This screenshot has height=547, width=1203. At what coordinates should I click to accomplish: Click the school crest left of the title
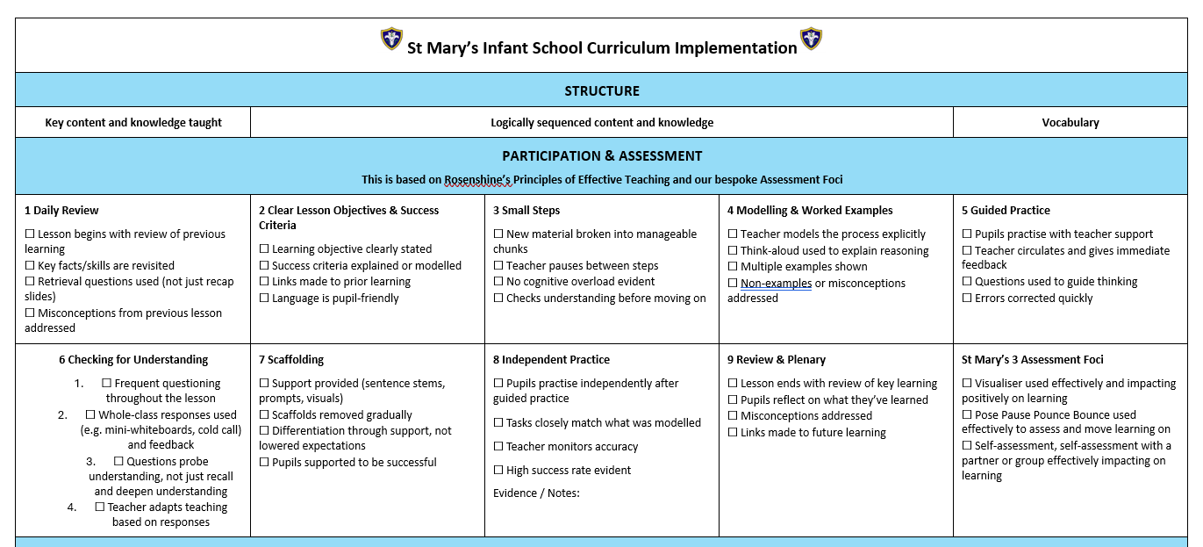click(391, 39)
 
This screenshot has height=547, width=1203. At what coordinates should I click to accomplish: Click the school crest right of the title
click(811, 39)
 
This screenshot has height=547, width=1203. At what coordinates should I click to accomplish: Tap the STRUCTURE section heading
click(602, 90)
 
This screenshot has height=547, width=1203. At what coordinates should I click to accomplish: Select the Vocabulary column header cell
click(1071, 123)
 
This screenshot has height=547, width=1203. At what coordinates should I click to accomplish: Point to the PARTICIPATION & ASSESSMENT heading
click(602, 156)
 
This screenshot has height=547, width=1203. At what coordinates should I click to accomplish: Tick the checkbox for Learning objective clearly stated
click(264, 249)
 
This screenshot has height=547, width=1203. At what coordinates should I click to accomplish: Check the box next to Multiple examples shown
click(733, 267)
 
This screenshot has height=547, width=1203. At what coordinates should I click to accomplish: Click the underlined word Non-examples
click(776, 284)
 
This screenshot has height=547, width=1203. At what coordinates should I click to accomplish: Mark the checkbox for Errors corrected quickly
click(967, 299)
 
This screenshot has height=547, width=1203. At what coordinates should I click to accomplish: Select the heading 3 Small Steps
click(526, 211)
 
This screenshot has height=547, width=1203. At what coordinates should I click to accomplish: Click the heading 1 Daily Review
click(61, 211)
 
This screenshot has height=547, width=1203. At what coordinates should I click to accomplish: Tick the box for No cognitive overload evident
click(498, 282)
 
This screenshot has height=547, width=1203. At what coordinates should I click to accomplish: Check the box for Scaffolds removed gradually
click(264, 415)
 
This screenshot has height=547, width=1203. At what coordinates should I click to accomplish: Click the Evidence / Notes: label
click(536, 493)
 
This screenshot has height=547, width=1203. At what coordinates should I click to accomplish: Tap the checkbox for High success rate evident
click(498, 471)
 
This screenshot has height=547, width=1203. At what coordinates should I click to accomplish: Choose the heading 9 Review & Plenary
click(776, 360)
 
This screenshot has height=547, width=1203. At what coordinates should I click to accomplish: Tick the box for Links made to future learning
click(733, 433)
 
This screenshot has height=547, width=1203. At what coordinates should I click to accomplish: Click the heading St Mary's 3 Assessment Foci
click(1032, 360)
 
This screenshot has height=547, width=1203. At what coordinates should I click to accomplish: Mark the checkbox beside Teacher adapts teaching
click(100, 507)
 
